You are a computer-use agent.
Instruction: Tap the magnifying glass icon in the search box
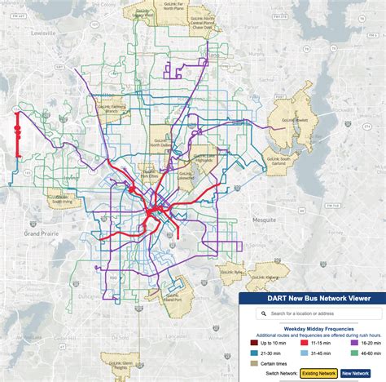pyautogui.click(x=262, y=313)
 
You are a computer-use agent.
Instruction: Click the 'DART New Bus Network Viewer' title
pyautogui.click(x=312, y=298)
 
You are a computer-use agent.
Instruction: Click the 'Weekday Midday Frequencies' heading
pyautogui.click(x=312, y=327)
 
